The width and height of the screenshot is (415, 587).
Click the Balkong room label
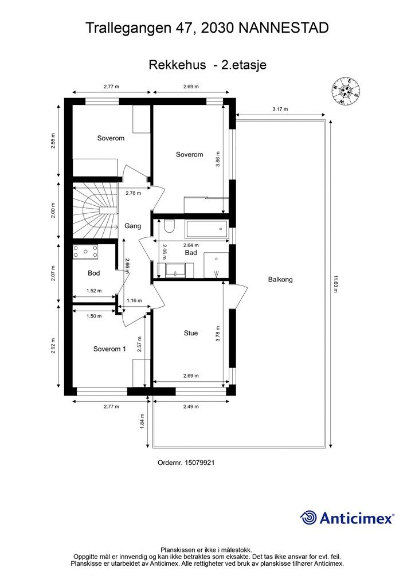tap(280, 280)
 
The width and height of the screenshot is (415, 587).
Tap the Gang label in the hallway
tap(132, 226)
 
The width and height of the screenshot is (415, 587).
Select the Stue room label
tap(190, 333)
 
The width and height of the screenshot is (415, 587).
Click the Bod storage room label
tap(93, 273)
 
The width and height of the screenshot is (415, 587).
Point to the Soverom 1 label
tap(109, 349)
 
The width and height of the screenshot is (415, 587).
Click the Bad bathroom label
tap(191, 252)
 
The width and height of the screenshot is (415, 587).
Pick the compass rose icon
tap(346, 91)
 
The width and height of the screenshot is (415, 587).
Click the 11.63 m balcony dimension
tap(336, 283)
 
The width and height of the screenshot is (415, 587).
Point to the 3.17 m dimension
tap(280, 109)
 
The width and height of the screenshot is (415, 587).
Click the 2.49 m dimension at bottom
tap(191, 406)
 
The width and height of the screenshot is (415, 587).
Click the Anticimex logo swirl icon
tap(308, 518)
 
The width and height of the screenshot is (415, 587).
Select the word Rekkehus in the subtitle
tap(177, 65)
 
